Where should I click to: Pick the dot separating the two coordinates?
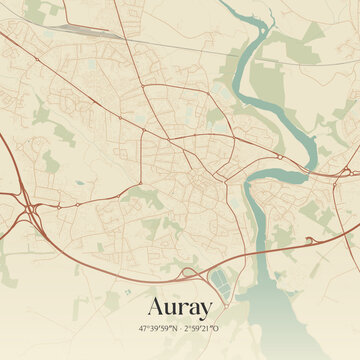click(x=181, y=328)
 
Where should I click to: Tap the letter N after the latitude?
click(x=174, y=328)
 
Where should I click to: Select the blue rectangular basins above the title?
click(x=219, y=277)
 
